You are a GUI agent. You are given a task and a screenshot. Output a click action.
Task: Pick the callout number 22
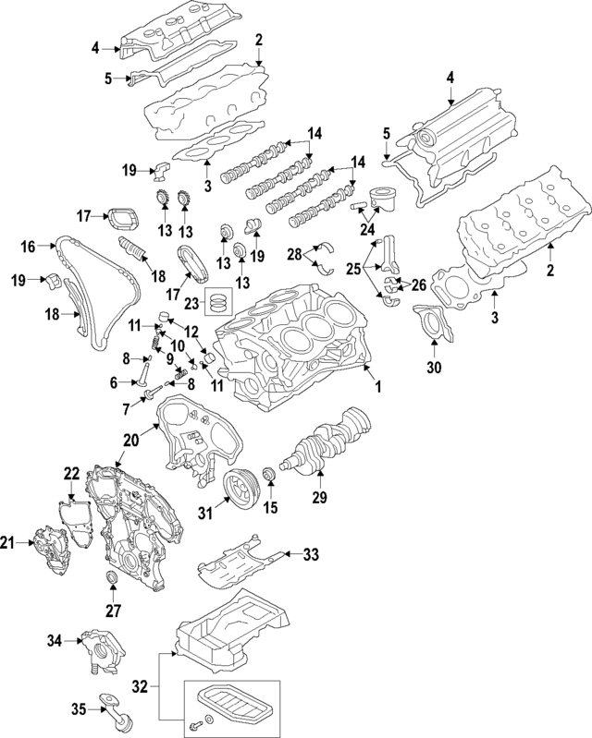pyautogui.click(x=71, y=474)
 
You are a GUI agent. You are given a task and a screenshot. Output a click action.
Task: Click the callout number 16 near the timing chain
pyautogui.click(x=29, y=247)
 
